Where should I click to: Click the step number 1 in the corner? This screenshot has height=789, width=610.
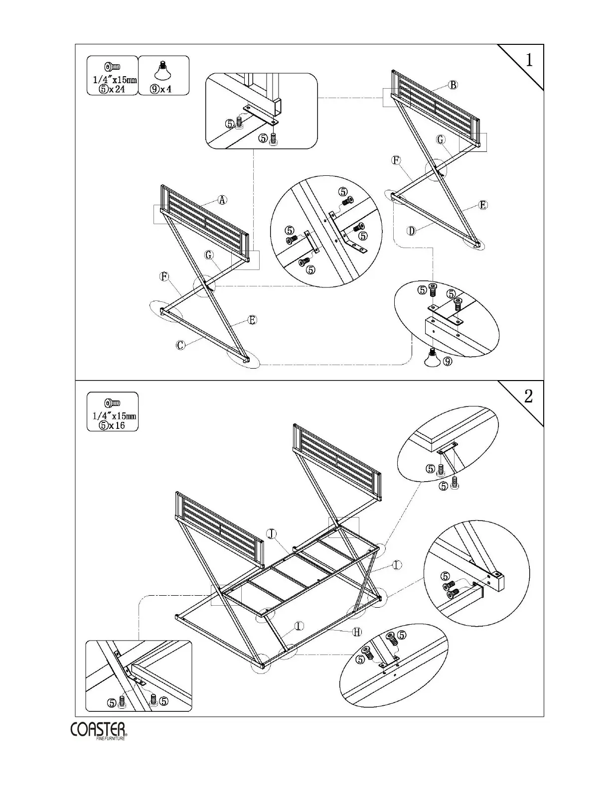[529, 60]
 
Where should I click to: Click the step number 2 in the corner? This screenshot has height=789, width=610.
[528, 396]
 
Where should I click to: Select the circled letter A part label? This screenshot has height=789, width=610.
[222, 200]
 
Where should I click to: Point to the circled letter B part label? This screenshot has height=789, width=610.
[453, 85]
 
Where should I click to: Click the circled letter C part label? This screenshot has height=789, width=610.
[181, 345]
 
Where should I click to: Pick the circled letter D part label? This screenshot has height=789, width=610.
[412, 231]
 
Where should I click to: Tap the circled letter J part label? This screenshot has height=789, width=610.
[271, 534]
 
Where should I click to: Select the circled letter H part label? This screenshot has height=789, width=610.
[357, 632]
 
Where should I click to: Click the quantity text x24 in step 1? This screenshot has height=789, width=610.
[117, 90]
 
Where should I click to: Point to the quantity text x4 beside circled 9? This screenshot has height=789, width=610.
[166, 90]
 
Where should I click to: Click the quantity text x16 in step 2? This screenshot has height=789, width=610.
[117, 425]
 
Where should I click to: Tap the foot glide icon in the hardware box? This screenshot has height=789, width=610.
[162, 71]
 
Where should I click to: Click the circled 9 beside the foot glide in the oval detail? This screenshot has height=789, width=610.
[448, 362]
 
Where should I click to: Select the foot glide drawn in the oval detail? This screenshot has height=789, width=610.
[432, 358]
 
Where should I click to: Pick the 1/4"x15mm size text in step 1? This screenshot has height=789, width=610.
[115, 80]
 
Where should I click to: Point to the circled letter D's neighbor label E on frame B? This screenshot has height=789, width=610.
[482, 205]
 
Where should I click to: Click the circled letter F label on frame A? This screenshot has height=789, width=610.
[164, 276]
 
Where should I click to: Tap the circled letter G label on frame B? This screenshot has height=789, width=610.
[441, 139]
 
